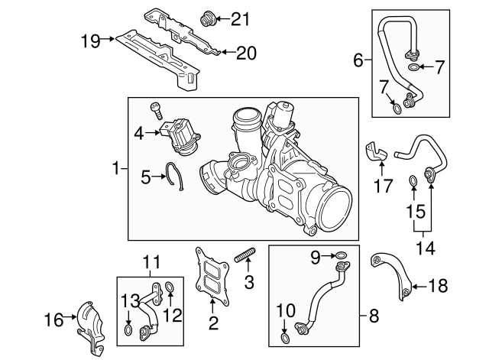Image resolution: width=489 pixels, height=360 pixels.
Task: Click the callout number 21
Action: tap(240, 18)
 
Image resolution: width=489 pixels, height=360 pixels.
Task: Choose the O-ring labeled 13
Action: tap(129, 330)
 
